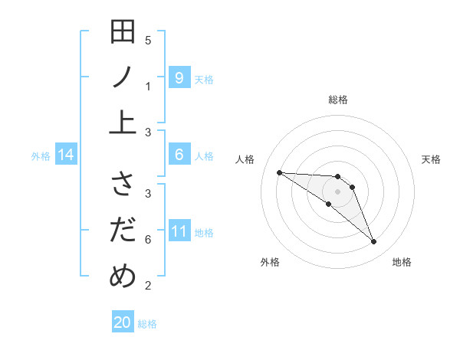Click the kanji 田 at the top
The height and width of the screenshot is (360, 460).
point(123,34)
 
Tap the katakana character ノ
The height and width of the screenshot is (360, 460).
point(123,78)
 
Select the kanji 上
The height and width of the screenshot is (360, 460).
point(123,122)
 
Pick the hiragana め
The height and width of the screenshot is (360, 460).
point(123,274)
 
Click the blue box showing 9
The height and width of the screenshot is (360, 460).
point(179,77)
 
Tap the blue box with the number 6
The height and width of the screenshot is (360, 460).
point(179,155)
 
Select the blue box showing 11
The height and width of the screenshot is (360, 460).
point(179,231)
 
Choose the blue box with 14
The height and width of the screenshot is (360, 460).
point(66,155)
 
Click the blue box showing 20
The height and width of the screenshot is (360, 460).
point(123,322)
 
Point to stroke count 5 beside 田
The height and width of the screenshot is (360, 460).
point(148,40)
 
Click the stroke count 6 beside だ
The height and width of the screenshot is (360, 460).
point(148,240)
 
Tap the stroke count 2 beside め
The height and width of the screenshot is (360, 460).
point(148,286)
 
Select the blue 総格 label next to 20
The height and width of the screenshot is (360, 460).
point(147,324)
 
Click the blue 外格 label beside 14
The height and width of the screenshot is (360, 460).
point(41,156)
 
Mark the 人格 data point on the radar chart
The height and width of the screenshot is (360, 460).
point(279,172)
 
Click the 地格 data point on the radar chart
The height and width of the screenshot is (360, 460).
point(373,242)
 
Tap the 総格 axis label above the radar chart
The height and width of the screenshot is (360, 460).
point(337,100)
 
